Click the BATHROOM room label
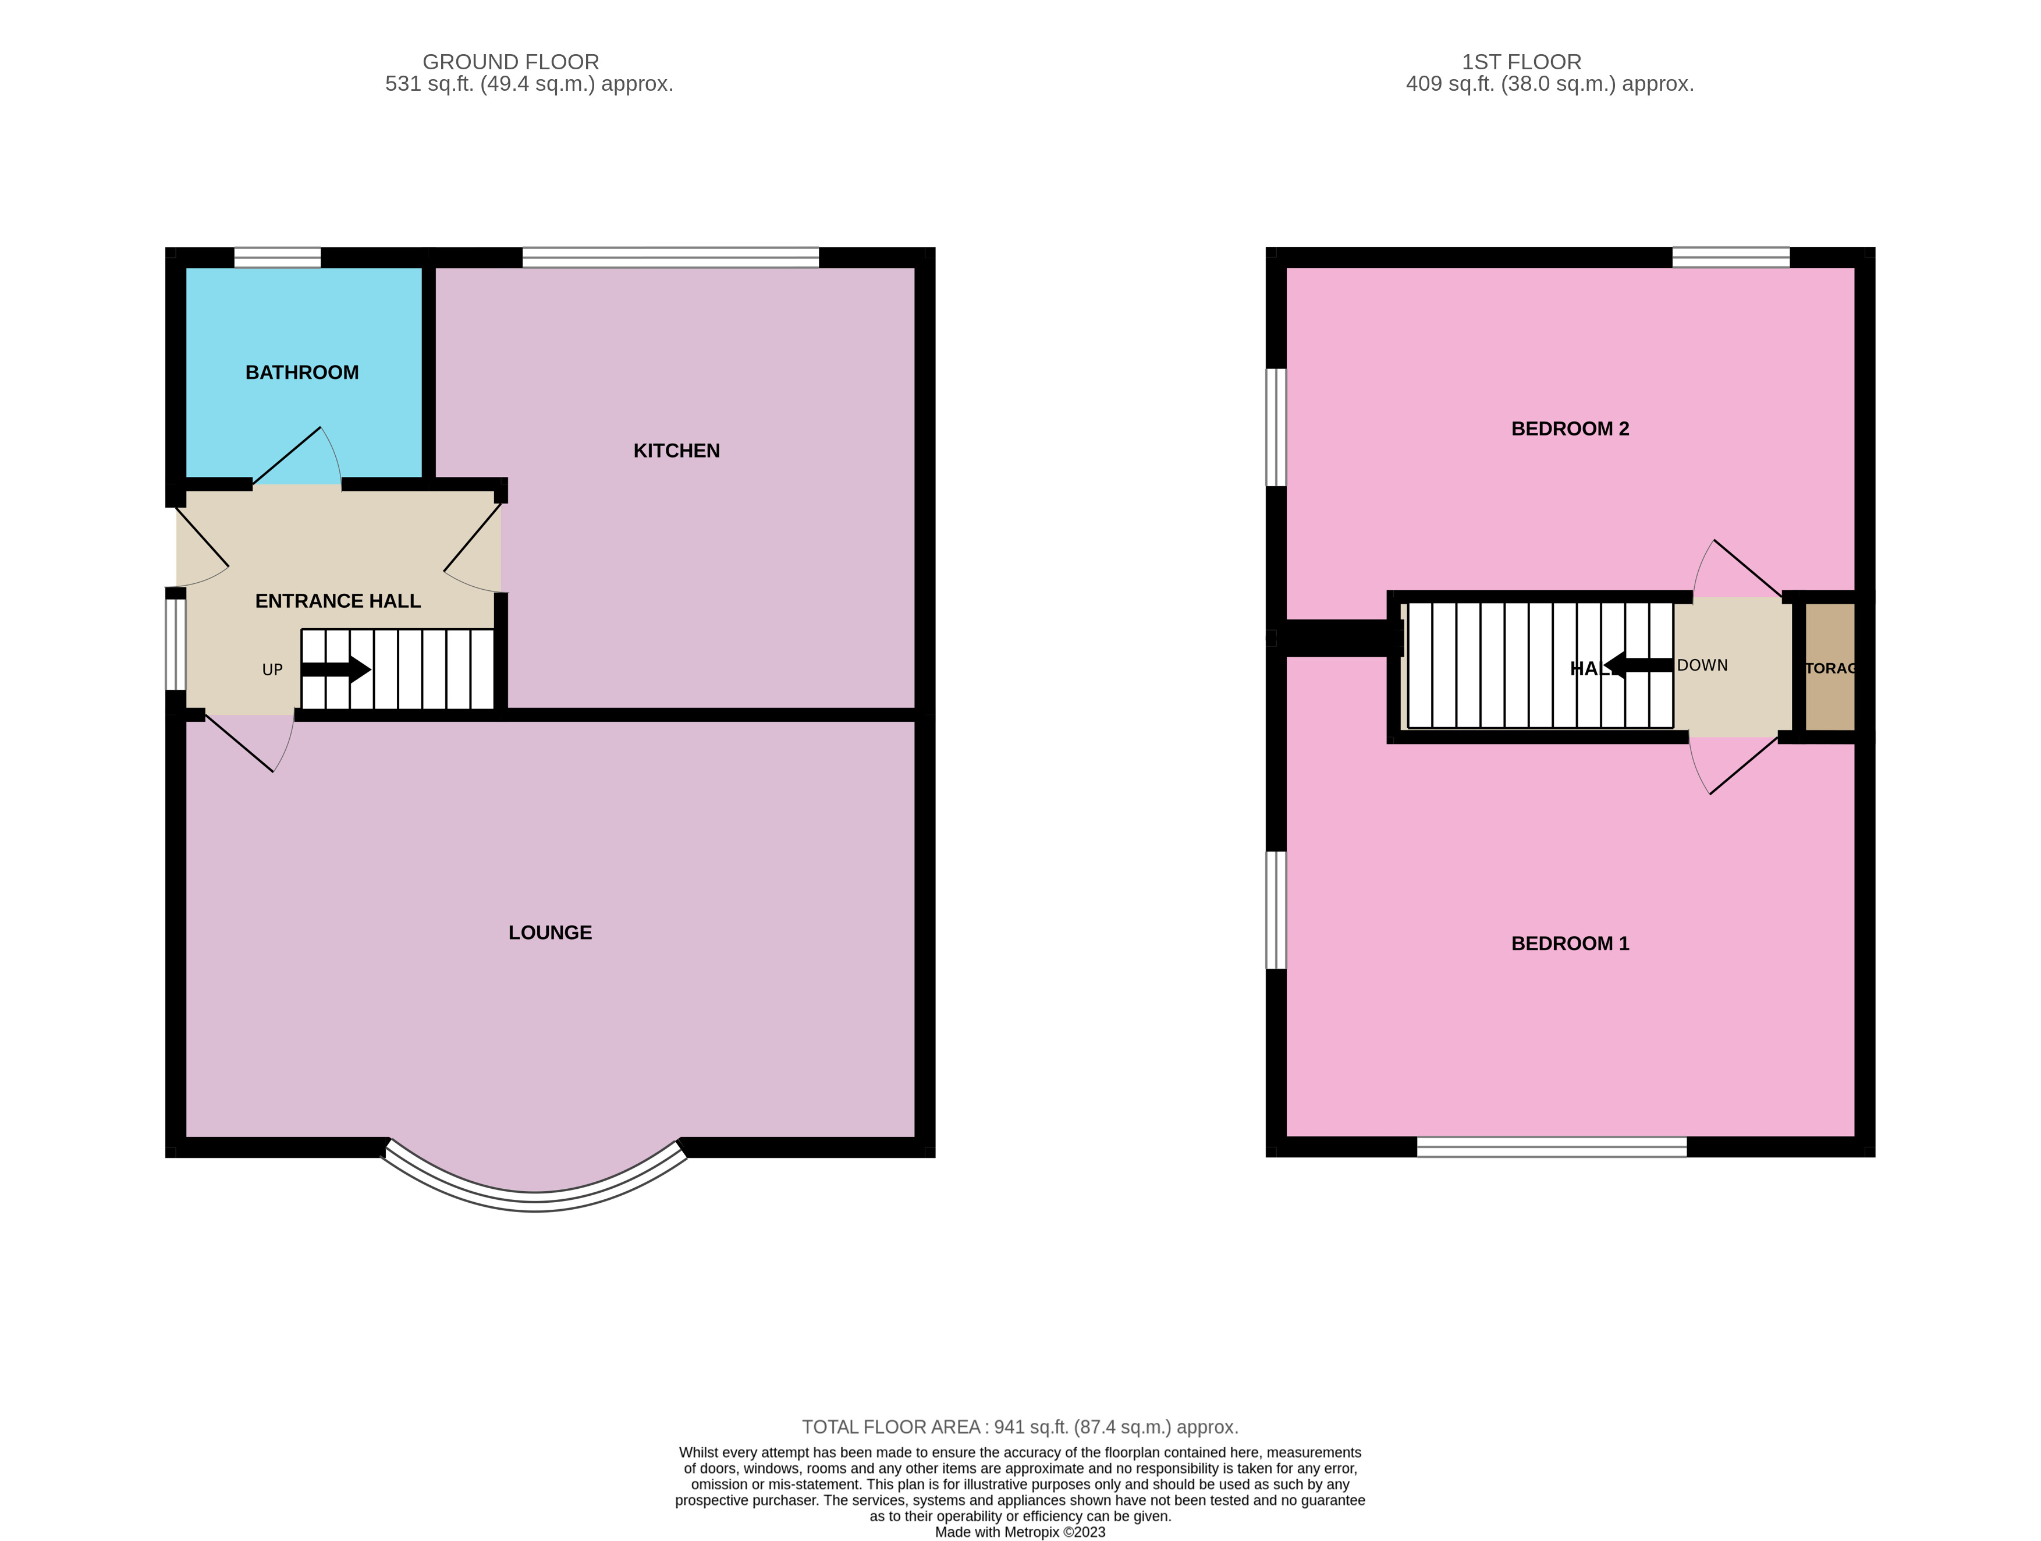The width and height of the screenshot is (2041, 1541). (301, 373)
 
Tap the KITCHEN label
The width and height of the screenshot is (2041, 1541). (676, 451)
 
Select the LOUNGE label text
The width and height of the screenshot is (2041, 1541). (550, 933)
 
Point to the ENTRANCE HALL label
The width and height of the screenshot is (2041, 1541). (338, 601)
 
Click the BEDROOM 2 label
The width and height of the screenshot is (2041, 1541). (1570, 429)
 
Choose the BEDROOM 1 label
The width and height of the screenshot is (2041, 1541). (1570, 944)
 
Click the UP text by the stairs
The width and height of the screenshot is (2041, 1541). (272, 670)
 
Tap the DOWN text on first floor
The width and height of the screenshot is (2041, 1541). (1702, 665)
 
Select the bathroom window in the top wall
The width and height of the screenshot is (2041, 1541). (277, 257)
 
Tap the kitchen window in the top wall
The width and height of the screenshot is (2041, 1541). (670, 257)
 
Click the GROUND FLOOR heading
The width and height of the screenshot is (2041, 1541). (510, 62)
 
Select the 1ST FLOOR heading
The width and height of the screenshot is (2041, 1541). (1521, 62)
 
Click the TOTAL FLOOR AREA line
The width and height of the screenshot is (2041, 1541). (1020, 1427)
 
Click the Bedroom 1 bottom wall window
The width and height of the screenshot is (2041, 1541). (1551, 1147)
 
